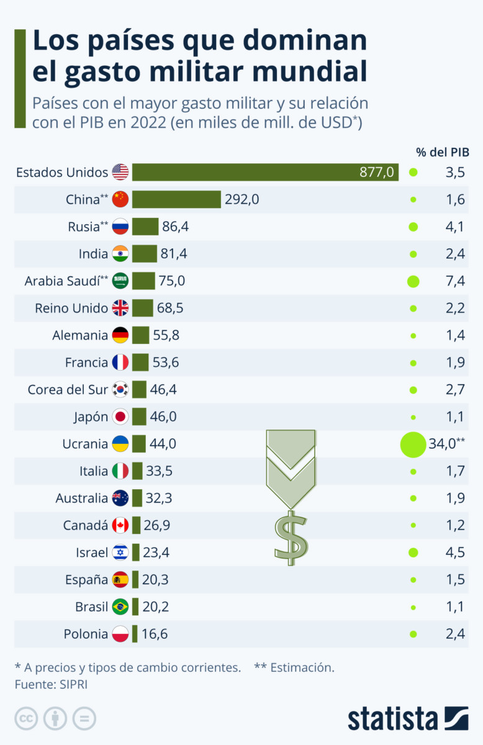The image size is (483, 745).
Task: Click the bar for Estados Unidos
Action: click(265, 172)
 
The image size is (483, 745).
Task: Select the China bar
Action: click(176, 199)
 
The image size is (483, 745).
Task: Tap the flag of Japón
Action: click(120, 417)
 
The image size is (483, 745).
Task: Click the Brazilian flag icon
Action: click(120, 607)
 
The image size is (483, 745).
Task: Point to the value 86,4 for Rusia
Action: click(175, 227)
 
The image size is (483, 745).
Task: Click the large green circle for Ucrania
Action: click(413, 444)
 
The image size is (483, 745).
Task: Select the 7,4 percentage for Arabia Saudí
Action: click(454, 281)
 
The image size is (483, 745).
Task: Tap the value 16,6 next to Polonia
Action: click(155, 634)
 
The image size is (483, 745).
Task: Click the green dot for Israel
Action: click(413, 553)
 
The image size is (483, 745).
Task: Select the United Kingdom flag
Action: click(120, 308)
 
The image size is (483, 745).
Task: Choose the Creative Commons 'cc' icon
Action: click(26, 719)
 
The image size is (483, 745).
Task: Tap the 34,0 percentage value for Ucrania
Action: click(446, 444)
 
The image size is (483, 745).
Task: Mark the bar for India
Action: click(145, 254)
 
